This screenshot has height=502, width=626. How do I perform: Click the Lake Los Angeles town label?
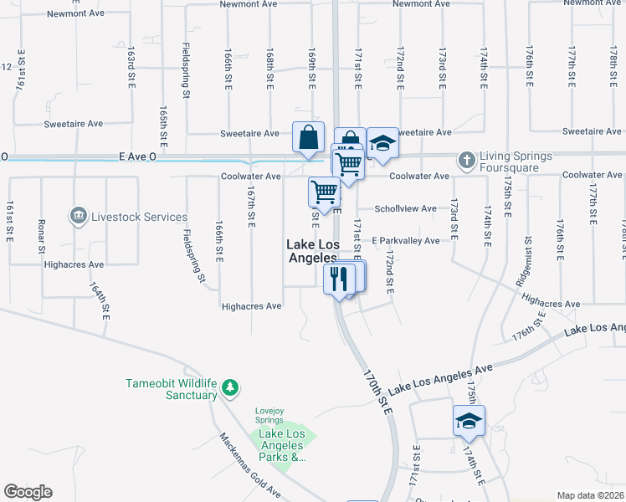[311, 251]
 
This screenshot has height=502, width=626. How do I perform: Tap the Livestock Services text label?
[139, 217]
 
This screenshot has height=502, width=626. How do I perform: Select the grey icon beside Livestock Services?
[79, 217]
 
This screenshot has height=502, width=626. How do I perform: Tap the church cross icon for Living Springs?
[466, 158]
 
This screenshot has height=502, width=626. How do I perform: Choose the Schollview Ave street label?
[406, 208]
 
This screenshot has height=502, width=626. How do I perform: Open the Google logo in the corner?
[28, 492]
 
